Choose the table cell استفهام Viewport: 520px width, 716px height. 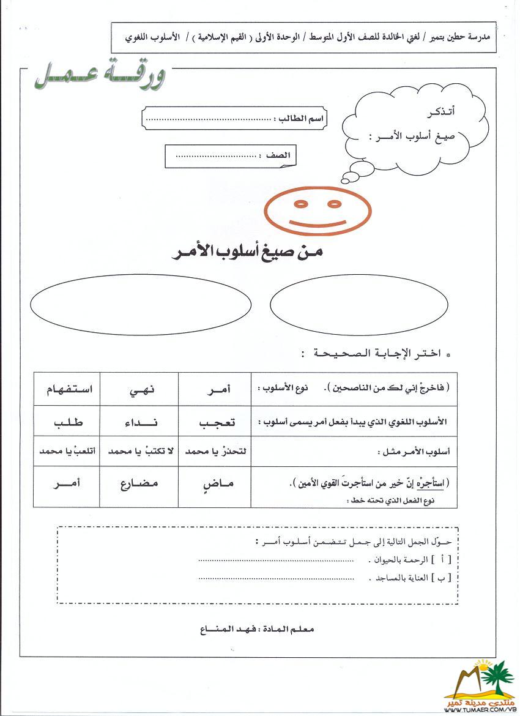66,389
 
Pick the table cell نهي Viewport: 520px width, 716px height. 139,389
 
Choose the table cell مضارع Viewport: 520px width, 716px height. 139,484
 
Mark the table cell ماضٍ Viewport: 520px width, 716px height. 214,484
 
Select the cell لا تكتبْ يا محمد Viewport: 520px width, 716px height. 139,452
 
